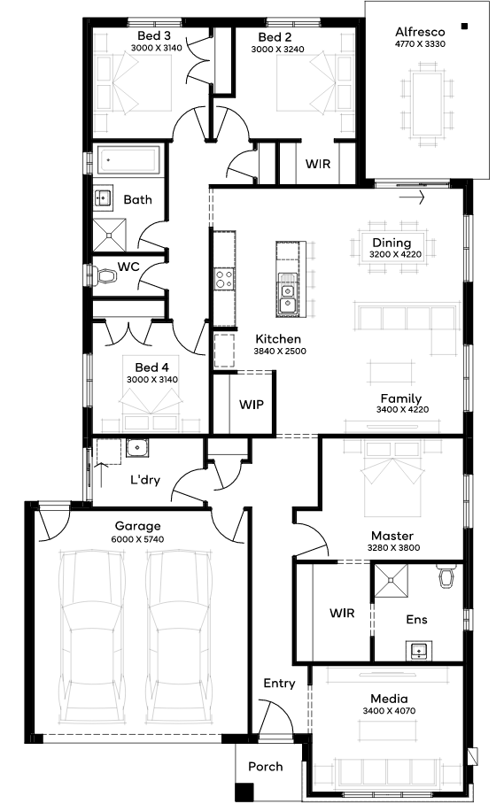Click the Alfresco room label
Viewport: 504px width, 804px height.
pyautogui.click(x=420, y=32)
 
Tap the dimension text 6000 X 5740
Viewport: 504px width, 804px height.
pyautogui.click(x=137, y=539)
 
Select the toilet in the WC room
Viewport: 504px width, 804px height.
pyautogui.click(x=105, y=276)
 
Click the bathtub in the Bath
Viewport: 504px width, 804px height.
pyautogui.click(x=128, y=160)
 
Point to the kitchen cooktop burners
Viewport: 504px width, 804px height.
pyautogui.click(x=224, y=279)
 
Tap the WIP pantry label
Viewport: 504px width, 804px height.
pyautogui.click(x=252, y=405)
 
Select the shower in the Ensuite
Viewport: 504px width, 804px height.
pyautogui.click(x=391, y=581)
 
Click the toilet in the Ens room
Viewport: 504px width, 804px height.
pyautogui.click(x=447, y=576)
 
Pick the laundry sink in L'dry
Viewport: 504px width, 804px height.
pyautogui.click(x=137, y=448)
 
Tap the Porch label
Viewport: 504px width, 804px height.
pyautogui.click(x=266, y=767)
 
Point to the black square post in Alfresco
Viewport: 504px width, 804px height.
pyautogui.click(x=464, y=27)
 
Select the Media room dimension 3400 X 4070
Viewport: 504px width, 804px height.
pyautogui.click(x=389, y=711)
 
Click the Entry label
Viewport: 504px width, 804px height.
pyautogui.click(x=279, y=684)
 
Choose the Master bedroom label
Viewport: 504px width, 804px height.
pyautogui.click(x=392, y=536)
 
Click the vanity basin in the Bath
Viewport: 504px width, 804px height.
pyautogui.click(x=103, y=197)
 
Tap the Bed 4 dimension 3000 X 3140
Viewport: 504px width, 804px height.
pyautogui.click(x=152, y=380)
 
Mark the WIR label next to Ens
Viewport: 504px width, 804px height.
pyautogui.click(x=342, y=613)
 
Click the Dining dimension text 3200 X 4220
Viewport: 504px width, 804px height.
pyautogui.click(x=395, y=254)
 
